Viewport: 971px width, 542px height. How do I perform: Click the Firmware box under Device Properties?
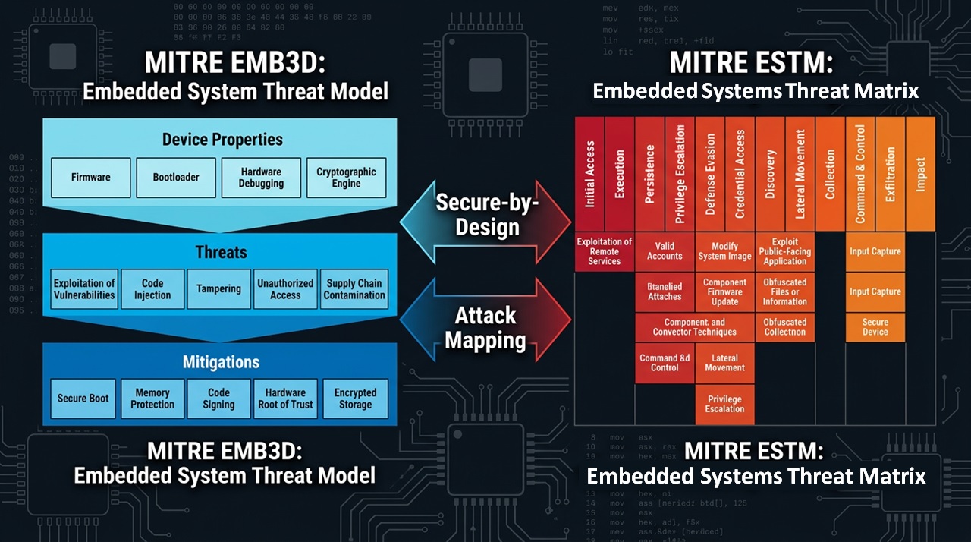pos(91,178)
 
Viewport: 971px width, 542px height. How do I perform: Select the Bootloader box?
pos(176,178)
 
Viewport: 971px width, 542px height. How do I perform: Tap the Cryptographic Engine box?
pos(346,178)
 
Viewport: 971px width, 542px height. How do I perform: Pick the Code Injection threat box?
pos(152,289)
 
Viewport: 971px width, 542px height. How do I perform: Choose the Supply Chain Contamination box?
pos(354,289)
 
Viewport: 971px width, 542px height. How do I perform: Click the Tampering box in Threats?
pos(218,289)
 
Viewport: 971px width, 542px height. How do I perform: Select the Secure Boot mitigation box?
pos(83,399)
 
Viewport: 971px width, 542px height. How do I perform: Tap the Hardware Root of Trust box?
pos(285,399)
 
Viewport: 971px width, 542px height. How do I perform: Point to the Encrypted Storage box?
pos(355,399)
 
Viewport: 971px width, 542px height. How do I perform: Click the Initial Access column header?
pos(589,174)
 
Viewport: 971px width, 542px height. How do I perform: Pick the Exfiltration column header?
pos(891,174)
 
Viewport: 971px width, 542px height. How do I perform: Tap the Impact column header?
pos(920,174)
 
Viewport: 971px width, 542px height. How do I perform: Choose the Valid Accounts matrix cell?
pos(665,251)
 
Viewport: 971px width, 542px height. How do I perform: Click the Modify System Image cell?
pos(724,251)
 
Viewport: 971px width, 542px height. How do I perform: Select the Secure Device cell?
pos(875,327)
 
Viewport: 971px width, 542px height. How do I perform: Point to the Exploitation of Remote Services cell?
pos(605,251)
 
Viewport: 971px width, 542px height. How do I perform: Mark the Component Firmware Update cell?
pos(724,292)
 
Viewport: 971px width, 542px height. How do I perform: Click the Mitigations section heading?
pos(221,362)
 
